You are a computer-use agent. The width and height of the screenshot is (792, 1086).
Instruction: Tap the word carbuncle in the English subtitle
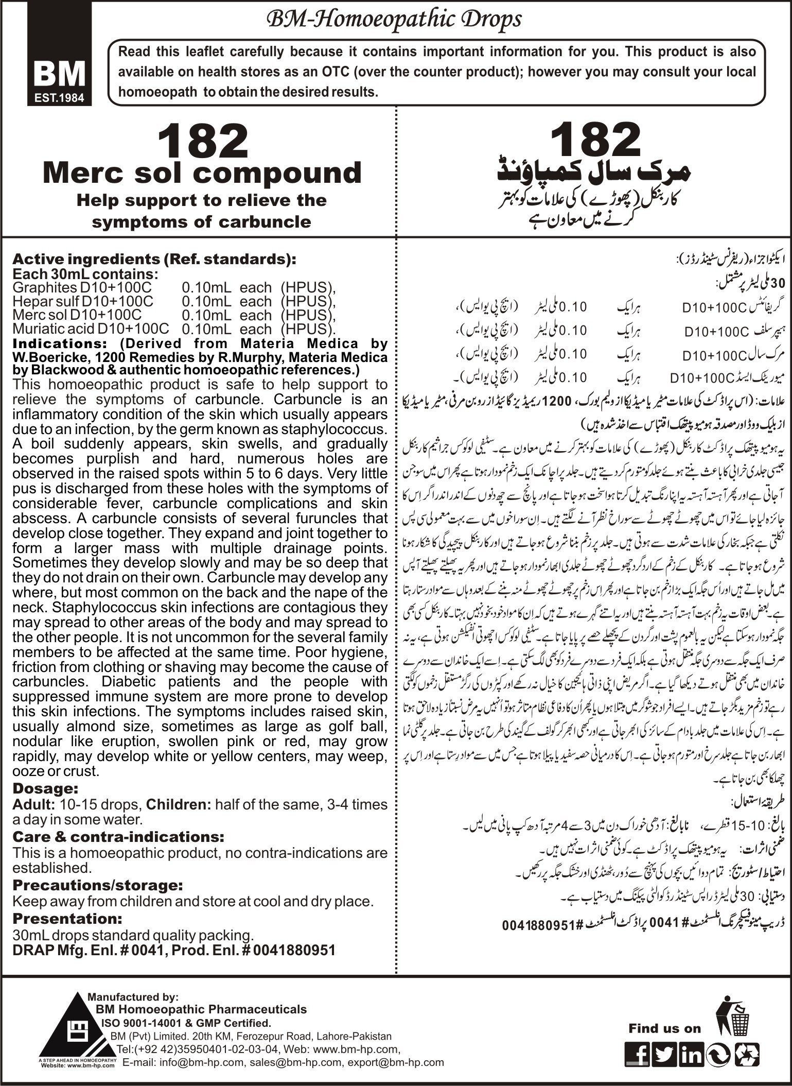271,222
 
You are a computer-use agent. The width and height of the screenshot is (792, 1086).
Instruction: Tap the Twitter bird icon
665,1055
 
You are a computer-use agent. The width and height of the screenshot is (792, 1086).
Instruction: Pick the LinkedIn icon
691,1055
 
